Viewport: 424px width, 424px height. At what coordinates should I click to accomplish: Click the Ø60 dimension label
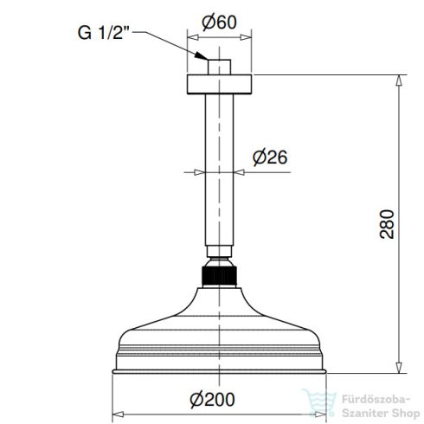point(220,24)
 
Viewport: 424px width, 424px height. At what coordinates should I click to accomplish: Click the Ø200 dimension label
point(213,399)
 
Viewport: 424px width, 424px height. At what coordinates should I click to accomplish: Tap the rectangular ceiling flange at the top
point(220,84)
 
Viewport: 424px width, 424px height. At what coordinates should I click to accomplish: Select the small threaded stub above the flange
point(220,67)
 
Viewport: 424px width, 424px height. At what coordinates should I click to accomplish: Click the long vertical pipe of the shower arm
point(220,164)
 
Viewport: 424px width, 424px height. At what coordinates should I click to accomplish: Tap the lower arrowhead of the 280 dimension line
point(399,367)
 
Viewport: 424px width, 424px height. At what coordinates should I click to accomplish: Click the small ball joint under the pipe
point(220,259)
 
